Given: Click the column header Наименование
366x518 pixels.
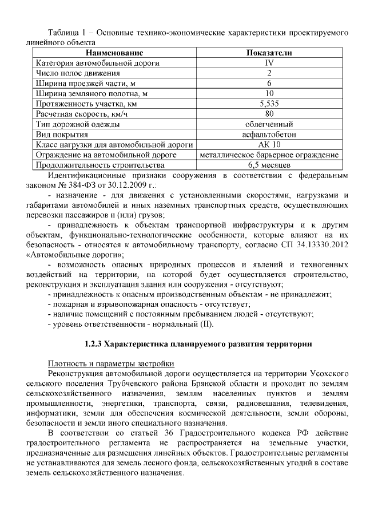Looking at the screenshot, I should [x=114, y=53].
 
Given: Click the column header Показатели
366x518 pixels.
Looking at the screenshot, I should [x=269, y=53].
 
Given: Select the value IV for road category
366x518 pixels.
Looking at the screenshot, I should [x=269, y=63].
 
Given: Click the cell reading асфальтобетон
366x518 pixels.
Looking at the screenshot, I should [x=269, y=135].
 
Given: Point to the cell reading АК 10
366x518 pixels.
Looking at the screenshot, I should [x=269, y=145].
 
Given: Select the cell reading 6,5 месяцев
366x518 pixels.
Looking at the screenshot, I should [x=269, y=165].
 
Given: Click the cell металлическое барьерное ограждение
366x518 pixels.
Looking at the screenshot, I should [x=269, y=155].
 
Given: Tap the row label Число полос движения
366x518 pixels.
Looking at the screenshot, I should [x=78, y=73].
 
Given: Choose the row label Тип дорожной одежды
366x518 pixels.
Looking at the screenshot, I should [x=78, y=124].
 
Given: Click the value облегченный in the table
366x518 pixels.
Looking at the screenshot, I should [x=269, y=124].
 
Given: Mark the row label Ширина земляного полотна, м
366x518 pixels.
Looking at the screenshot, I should [x=91, y=94].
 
